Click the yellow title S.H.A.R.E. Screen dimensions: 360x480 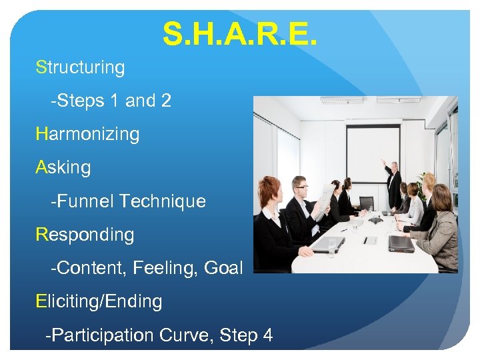point(240,33)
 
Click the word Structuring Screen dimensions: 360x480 point(81,67)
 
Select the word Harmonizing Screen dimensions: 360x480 point(88,134)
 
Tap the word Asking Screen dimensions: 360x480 point(63,167)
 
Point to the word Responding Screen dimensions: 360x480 point(85,235)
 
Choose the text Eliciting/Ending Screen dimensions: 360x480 point(99,301)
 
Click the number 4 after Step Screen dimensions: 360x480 point(267,335)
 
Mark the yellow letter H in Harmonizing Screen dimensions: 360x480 point(42,134)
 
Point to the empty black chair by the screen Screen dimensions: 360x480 point(366,203)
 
